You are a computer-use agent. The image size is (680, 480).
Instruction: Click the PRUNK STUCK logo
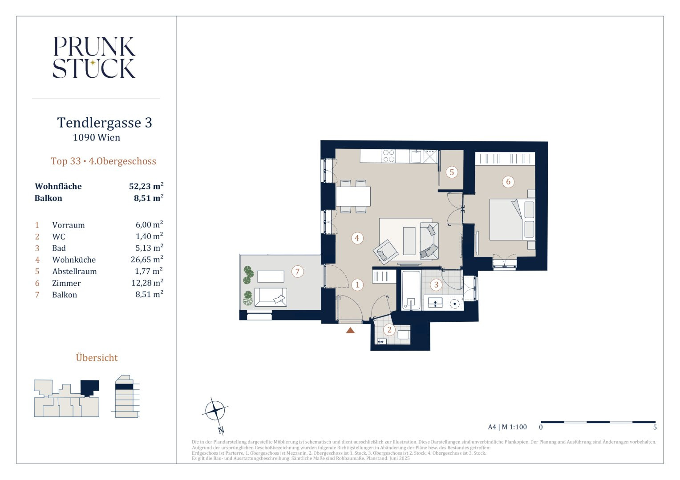[94, 57]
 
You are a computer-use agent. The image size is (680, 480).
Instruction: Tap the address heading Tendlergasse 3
[105, 123]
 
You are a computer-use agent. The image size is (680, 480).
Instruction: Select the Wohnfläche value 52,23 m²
[146, 186]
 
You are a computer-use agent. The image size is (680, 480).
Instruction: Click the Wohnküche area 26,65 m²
[147, 259]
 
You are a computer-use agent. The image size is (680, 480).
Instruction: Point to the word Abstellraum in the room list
[74, 272]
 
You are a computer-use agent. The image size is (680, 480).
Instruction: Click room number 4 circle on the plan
[357, 238]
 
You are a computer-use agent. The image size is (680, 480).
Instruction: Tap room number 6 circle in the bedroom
[508, 182]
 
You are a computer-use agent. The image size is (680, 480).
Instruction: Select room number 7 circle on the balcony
[297, 272]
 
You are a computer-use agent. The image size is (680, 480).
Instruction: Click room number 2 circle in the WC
[389, 330]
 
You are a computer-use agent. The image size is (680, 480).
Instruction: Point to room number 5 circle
[452, 172]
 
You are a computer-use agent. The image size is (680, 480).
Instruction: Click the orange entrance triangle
[350, 330]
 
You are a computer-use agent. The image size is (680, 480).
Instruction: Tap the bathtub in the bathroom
[411, 290]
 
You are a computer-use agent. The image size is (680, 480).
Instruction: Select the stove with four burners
[389, 156]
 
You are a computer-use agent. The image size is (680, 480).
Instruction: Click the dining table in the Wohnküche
[353, 196]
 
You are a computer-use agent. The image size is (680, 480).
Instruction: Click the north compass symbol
[215, 411]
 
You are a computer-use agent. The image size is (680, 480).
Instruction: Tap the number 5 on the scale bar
[655, 427]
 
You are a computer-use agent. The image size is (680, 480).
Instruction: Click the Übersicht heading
[97, 358]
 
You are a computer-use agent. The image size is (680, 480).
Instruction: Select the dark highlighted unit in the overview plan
[89, 387]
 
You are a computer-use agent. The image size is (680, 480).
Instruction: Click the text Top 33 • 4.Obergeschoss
[103, 161]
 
